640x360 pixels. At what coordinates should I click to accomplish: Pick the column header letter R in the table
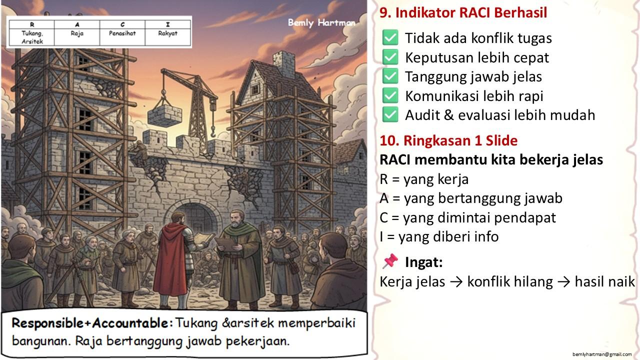pos(32,24)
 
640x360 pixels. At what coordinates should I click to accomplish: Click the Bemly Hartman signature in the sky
pos(321,22)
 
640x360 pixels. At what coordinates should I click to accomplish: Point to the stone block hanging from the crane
pos(165,115)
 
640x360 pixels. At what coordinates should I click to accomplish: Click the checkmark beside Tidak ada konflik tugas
pos(390,37)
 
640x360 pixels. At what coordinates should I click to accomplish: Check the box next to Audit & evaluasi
pos(390,114)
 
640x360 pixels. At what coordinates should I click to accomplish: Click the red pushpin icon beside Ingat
pos(390,261)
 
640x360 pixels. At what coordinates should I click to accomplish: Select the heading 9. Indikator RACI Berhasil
pos(463,12)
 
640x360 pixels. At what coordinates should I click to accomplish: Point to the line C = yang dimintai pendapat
pos(467,217)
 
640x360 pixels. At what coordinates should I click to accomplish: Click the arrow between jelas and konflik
pos(456,282)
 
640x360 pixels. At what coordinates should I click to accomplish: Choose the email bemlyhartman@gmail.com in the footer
pos(602,354)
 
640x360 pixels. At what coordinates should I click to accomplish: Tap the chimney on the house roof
pos(283,63)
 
